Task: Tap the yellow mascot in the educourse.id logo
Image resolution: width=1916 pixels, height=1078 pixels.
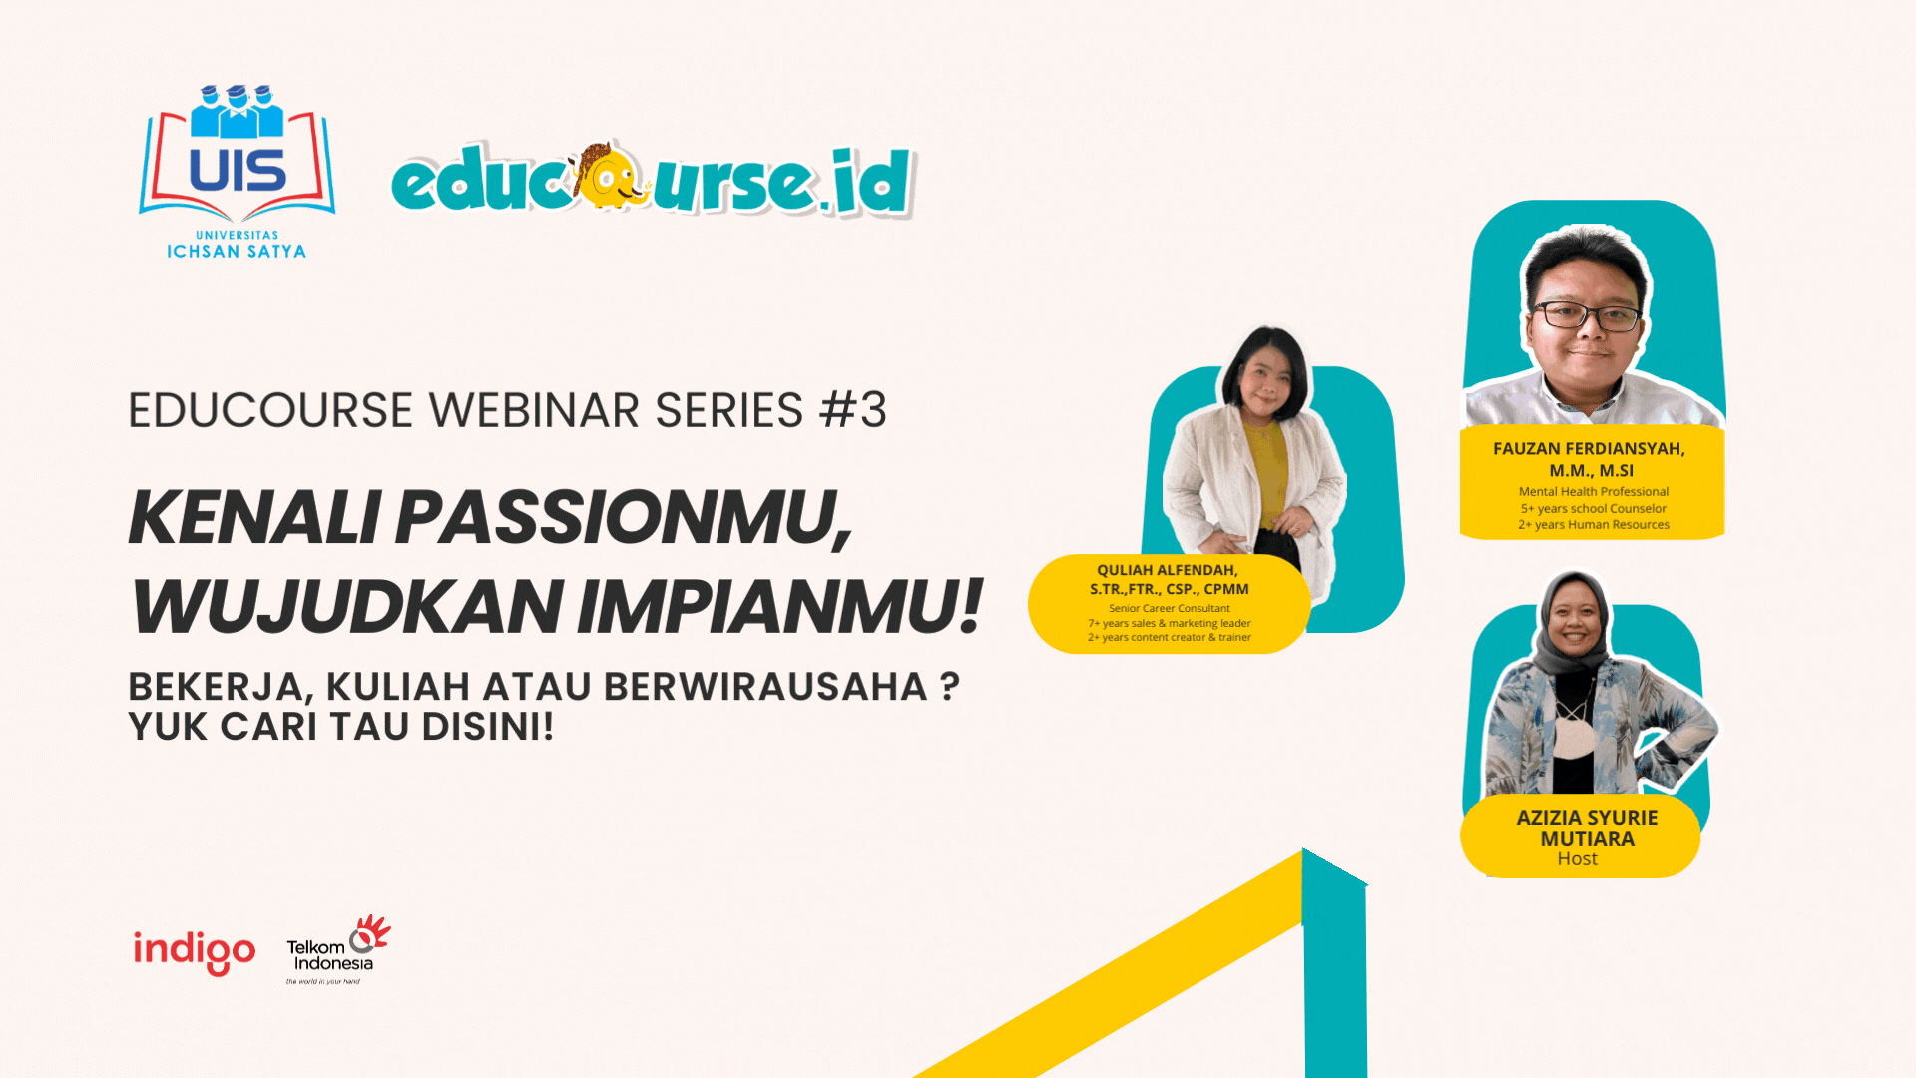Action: tap(609, 177)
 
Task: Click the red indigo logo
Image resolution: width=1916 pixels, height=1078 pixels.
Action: tap(195, 950)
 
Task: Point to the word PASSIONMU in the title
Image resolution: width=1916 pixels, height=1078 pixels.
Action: tap(623, 518)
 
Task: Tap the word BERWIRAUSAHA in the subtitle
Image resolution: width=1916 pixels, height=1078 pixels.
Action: tap(765, 687)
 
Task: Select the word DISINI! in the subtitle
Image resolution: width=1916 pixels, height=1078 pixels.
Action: tap(487, 727)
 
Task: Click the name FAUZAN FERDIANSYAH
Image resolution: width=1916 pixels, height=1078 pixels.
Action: tap(1589, 449)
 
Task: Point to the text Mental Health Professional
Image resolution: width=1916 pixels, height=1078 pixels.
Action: tap(1593, 491)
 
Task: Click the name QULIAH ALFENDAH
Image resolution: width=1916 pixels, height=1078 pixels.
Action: tap(1167, 570)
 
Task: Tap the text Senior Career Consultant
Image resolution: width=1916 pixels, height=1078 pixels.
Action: tap(1169, 608)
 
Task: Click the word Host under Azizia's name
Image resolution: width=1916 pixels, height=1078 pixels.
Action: tap(1577, 859)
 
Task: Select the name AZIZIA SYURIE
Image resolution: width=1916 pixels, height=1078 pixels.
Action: tap(1587, 818)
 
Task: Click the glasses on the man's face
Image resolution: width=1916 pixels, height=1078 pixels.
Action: tap(1587, 316)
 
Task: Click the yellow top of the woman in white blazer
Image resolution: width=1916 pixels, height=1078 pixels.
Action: tap(1266, 469)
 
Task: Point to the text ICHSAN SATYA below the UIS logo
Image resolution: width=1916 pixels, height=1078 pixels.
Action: tap(237, 252)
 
